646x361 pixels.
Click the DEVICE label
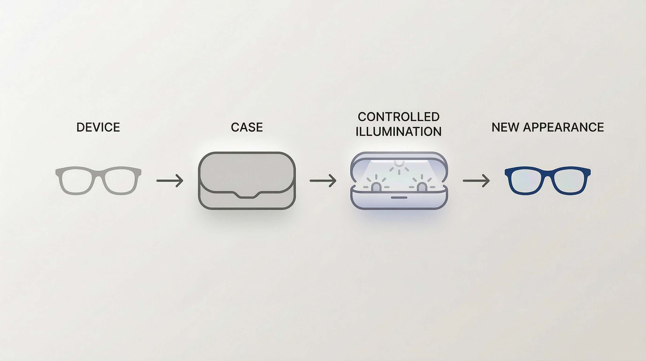pyautogui.click(x=98, y=127)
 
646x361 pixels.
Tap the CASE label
pyautogui.click(x=247, y=127)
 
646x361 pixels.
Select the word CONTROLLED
pyautogui.click(x=398, y=117)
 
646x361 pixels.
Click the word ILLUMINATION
pyautogui.click(x=398, y=132)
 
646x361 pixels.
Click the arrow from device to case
pyautogui.click(x=170, y=180)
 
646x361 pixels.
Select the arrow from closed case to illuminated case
pyautogui.click(x=323, y=180)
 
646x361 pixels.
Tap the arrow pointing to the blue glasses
pyautogui.click(x=476, y=180)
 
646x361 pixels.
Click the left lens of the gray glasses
pyautogui.click(x=76, y=181)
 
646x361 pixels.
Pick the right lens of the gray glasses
pyautogui.click(x=121, y=181)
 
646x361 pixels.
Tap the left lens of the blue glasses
pyautogui.click(x=525, y=181)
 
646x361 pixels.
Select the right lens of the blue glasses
pyautogui.click(x=570, y=181)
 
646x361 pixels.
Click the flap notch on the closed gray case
pyautogui.click(x=247, y=196)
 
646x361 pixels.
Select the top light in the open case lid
pyautogui.click(x=399, y=163)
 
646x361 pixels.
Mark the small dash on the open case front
pyautogui.click(x=399, y=198)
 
